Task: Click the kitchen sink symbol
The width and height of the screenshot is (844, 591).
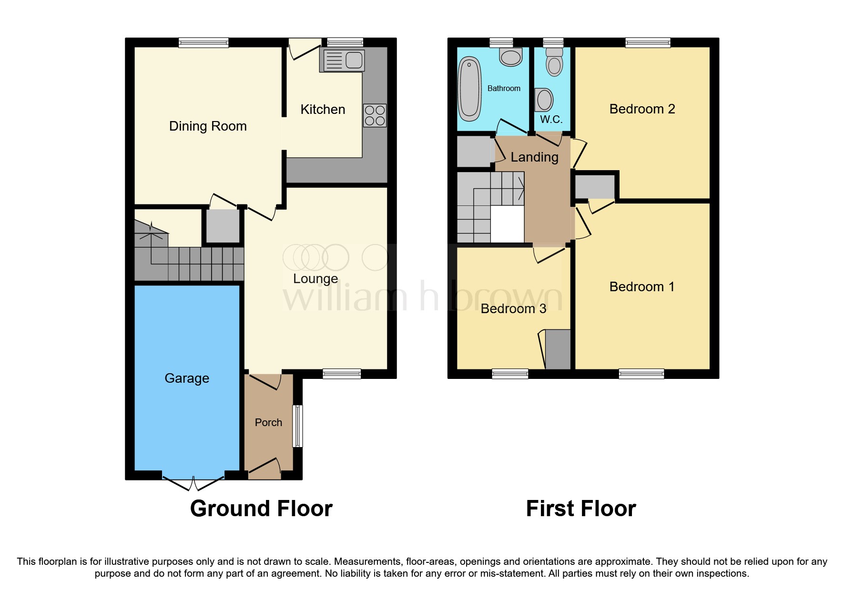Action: point(343,61)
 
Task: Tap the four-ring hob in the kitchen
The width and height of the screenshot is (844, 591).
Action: point(375,115)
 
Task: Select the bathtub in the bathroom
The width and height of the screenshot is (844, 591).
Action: point(469,89)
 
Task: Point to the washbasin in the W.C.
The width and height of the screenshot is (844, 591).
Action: point(544,100)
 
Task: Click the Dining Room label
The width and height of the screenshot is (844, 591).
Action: point(208,126)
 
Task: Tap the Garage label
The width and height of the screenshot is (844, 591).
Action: point(187,378)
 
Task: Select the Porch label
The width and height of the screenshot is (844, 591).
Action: point(268,423)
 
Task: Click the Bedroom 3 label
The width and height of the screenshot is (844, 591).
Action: point(513,309)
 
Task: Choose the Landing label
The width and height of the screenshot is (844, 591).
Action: point(534,157)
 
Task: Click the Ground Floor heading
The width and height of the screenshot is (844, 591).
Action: point(261,509)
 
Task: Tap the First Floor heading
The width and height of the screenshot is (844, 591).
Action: point(580,509)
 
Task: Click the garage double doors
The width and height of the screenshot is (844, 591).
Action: point(193,482)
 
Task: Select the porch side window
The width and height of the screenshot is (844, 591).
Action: point(297,426)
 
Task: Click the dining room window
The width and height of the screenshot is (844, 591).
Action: point(203,43)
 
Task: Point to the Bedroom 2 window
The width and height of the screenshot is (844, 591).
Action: point(648,43)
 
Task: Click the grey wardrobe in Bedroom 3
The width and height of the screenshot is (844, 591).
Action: point(558,349)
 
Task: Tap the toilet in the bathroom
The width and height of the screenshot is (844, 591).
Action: point(511,57)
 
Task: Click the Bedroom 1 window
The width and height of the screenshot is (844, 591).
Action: point(641,374)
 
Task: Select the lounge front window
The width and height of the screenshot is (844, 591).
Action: point(342,374)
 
